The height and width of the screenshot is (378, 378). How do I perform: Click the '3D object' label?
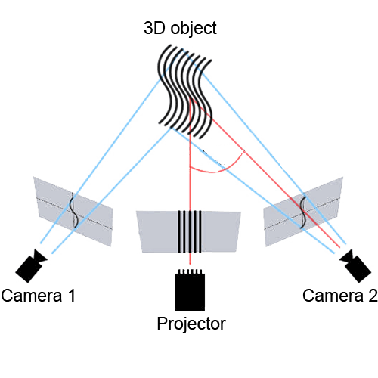[180, 28]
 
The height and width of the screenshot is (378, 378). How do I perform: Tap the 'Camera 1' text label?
[39, 296]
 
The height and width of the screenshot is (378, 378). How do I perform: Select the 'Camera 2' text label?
[340, 296]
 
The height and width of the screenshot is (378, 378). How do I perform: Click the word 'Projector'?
[191, 324]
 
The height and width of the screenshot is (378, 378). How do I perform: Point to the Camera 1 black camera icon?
[31, 265]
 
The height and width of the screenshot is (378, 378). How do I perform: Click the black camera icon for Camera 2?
[355, 265]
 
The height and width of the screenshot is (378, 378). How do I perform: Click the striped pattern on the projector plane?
[190, 231]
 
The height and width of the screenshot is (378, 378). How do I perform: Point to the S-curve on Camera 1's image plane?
[73, 211]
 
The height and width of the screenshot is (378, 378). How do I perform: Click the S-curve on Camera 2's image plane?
[303, 211]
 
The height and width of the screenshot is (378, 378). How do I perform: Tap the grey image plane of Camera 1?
[74, 212]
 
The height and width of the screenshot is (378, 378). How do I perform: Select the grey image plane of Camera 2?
[303, 212]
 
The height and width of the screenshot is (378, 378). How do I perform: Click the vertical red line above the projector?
[190, 181]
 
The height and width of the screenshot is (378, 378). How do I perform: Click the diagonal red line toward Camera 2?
[265, 172]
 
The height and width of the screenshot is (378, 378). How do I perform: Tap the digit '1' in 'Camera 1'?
[72, 296]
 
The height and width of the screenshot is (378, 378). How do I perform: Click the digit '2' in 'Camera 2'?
[373, 296]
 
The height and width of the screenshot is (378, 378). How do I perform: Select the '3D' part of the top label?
[154, 28]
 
